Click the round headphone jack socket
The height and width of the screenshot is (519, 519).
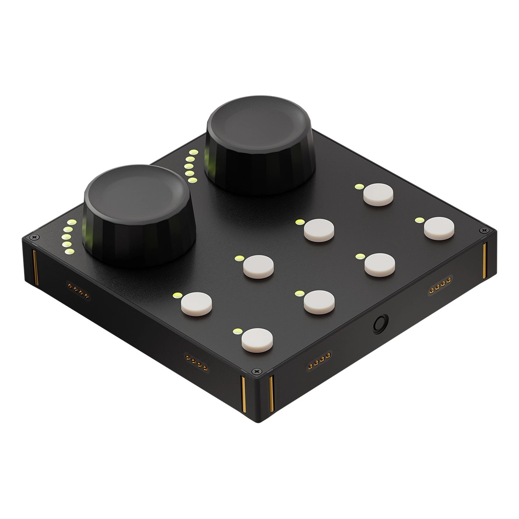(x=381, y=323)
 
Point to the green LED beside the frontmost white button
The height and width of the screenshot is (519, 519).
(x=236, y=332)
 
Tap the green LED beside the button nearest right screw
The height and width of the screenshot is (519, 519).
(x=418, y=220)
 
